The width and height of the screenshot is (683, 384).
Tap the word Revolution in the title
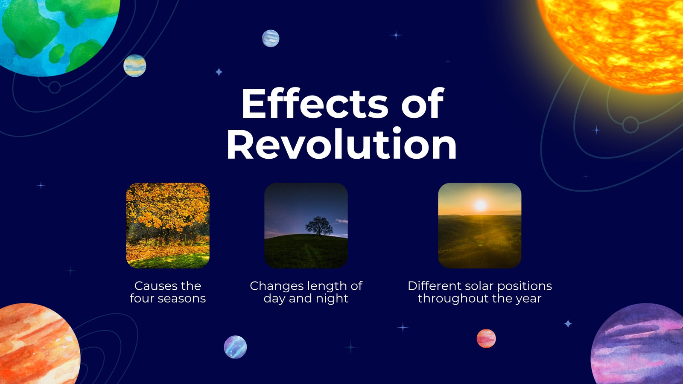341,144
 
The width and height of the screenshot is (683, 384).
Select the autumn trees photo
168,226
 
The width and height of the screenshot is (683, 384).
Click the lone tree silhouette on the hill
319,226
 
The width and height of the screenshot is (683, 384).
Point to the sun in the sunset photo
480,205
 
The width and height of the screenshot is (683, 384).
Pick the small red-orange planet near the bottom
486,338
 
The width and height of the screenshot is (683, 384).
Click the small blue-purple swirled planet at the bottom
235,347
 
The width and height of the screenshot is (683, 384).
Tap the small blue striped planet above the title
271,38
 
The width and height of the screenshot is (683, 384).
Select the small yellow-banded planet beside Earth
135,66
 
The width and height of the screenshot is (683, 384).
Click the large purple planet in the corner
637,344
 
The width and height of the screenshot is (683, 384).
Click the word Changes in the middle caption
277,286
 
